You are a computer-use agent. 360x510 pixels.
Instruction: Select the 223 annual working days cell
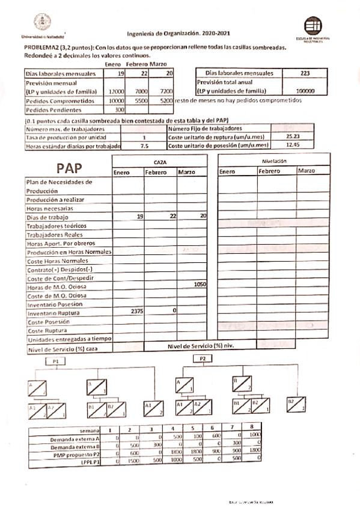click(305, 73)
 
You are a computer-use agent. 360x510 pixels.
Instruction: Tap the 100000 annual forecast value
click(305, 91)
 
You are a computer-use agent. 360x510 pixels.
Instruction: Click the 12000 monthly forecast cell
click(116, 91)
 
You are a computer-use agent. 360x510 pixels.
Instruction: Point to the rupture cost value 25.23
click(293, 137)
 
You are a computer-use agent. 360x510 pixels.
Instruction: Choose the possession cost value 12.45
click(293, 145)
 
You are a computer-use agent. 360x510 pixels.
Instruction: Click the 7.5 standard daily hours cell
click(144, 146)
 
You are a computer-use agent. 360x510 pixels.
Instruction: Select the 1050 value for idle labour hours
click(200, 285)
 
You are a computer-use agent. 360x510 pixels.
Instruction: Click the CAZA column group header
click(160, 162)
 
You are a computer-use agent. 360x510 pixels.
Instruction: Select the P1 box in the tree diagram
click(55, 361)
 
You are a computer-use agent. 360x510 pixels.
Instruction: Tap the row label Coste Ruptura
click(46, 331)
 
